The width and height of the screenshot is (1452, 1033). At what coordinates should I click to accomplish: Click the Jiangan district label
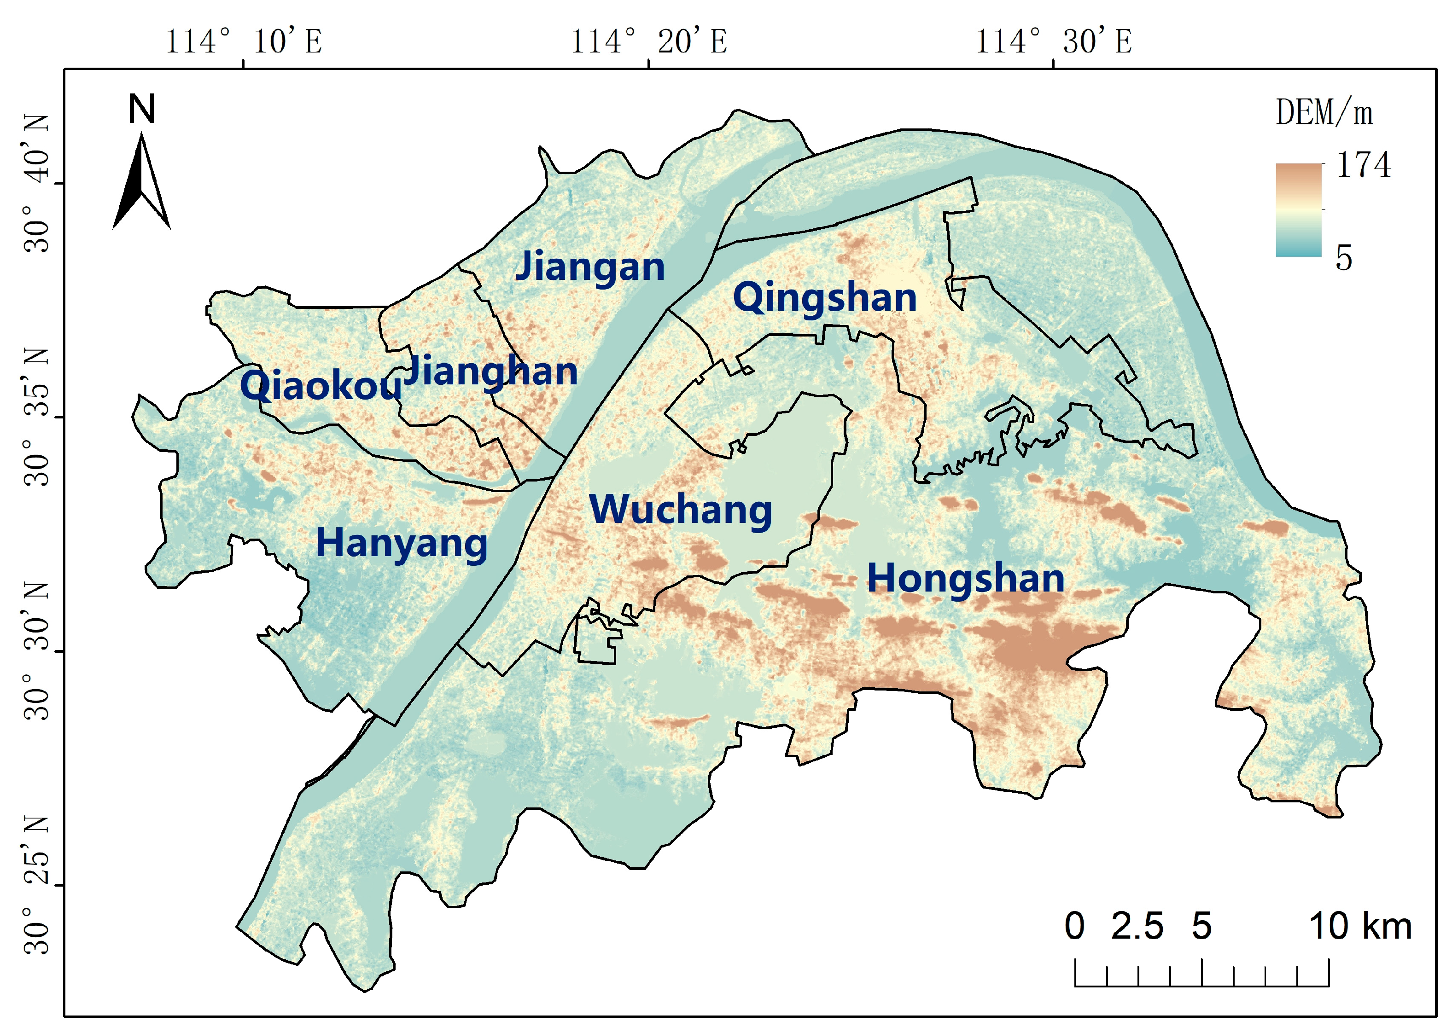[x=590, y=267]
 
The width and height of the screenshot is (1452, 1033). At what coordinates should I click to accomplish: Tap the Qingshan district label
[x=825, y=298]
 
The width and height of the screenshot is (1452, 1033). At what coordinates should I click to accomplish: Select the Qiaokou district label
[x=321, y=385]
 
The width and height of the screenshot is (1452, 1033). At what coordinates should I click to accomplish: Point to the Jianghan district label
[x=490, y=371]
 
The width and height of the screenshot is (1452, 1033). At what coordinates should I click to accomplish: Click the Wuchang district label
[x=680, y=510]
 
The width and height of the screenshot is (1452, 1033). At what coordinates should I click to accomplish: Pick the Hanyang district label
[x=402, y=544]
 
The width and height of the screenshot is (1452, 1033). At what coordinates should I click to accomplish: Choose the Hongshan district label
[x=965, y=578]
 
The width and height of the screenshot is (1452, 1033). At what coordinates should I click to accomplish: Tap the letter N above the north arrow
[x=141, y=110]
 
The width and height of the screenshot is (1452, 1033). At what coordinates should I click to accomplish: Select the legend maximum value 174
[x=1363, y=165]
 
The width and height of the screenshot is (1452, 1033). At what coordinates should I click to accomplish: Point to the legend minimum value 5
[x=1343, y=258]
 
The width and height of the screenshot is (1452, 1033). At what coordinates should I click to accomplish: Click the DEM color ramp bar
[x=1298, y=210]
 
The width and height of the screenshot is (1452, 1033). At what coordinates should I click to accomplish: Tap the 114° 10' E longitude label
[x=244, y=42]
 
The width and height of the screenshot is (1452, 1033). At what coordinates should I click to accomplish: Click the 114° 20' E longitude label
[x=648, y=42]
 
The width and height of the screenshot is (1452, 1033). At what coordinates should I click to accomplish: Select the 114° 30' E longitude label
[x=1054, y=42]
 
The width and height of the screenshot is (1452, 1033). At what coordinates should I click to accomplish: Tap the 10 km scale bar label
[x=1360, y=926]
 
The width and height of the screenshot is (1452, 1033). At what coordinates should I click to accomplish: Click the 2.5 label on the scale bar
[x=1137, y=926]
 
